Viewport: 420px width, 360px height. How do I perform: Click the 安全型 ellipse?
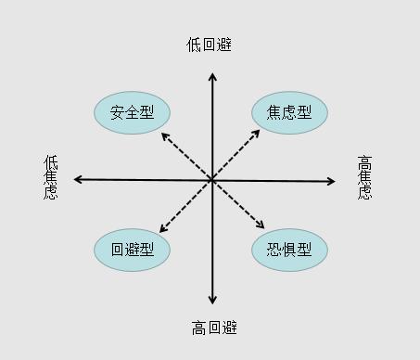132,112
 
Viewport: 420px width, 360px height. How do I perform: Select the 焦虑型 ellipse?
289,112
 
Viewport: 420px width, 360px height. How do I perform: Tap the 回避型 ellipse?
132,249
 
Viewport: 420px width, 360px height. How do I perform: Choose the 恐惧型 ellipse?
289,249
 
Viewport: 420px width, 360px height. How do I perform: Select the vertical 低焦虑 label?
51,176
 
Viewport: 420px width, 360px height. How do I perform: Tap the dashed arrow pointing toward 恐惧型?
239,205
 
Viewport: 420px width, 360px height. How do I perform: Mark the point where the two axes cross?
211,179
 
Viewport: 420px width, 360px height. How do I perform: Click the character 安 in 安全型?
117,112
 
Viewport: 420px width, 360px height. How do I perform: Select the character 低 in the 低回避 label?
195,45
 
